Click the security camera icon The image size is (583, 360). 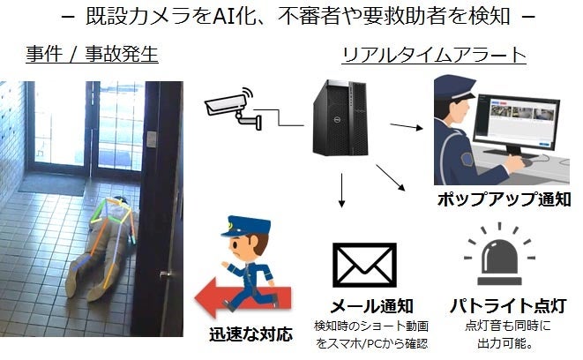tap(231, 108)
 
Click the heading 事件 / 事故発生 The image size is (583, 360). tap(92, 55)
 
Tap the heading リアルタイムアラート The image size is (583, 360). tap(434, 55)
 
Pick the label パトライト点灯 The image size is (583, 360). tap(502, 305)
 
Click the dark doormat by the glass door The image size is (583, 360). tap(51, 183)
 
